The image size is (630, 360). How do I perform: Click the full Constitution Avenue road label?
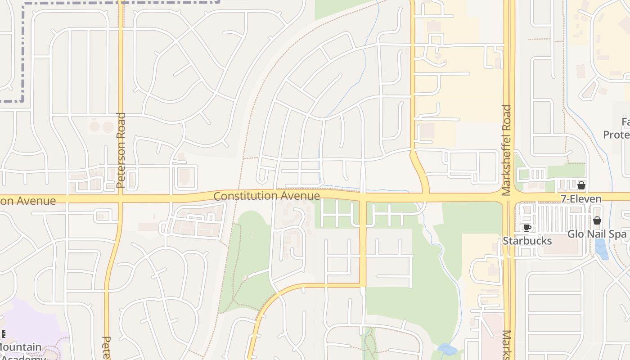266,196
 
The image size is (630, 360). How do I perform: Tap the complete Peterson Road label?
121,150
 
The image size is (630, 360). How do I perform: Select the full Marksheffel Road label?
507,150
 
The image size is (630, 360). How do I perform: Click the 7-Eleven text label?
581,199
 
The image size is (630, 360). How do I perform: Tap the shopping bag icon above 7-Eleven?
581,185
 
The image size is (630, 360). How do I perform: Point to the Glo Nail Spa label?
597,234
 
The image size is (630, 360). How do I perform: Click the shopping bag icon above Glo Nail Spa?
597,220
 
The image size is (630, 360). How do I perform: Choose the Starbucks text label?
527,241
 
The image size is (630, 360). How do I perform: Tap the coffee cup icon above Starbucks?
527,228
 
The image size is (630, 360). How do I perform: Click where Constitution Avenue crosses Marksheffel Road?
509,198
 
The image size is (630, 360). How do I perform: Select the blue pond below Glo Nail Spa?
601,249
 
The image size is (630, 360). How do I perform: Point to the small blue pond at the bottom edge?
447,349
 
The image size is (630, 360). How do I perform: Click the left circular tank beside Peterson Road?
94,126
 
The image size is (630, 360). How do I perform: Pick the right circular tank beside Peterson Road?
108,126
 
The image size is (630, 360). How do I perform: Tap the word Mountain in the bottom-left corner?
21,347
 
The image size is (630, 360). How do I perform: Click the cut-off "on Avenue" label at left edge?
28,201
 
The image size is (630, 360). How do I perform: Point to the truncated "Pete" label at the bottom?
107,348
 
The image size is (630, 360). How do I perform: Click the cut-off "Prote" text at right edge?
616,135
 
